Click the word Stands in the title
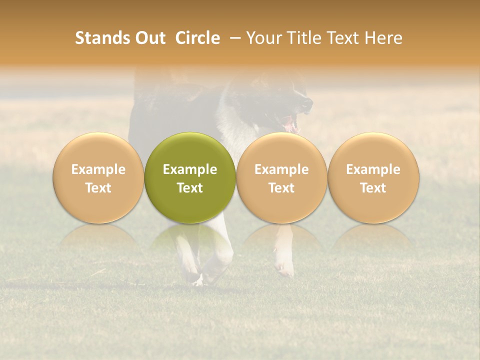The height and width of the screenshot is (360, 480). click(x=97, y=38)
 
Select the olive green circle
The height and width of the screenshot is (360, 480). click(x=190, y=177)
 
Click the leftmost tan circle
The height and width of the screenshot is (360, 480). click(x=98, y=177)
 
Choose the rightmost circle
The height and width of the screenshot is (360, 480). click(x=373, y=177)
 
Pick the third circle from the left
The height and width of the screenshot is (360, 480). click(x=281, y=177)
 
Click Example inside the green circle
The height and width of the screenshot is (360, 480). click(x=190, y=169)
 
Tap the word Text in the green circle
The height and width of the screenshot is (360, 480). click(x=190, y=188)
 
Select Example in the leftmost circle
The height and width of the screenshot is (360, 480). click(x=98, y=169)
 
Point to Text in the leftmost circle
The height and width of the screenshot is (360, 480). click(x=98, y=188)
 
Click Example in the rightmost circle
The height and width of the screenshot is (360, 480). click(x=373, y=169)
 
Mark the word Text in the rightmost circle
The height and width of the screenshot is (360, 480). click(x=373, y=188)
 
